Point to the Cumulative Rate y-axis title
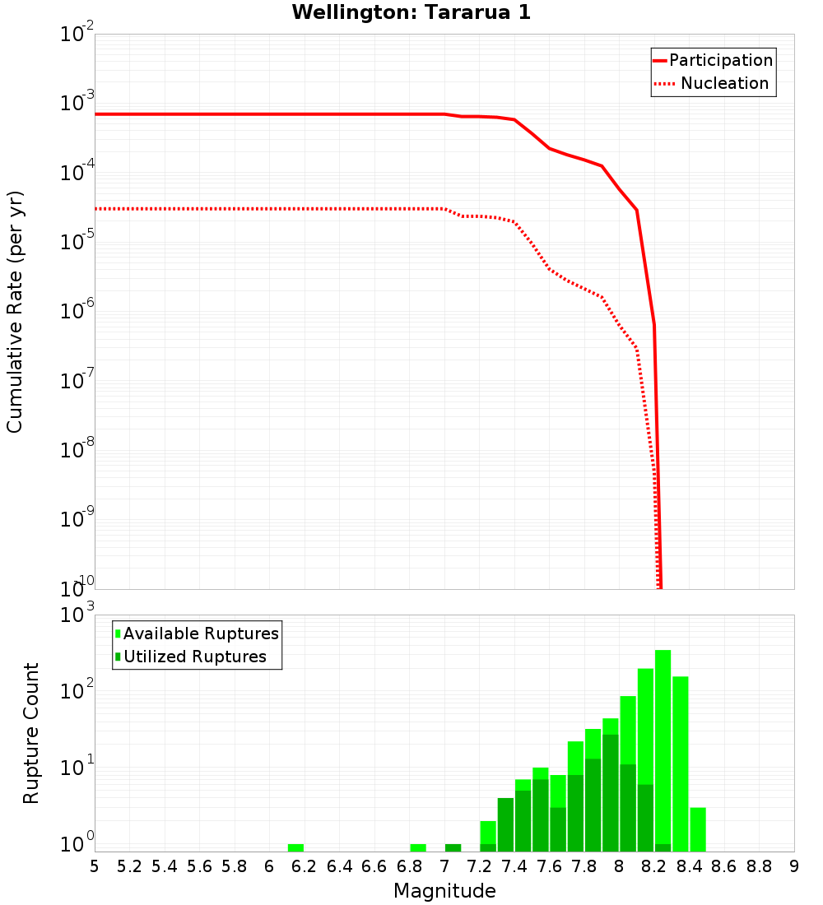(x=15, y=312)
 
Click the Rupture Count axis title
(x=31, y=733)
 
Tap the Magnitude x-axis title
(x=444, y=890)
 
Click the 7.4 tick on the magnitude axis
(x=514, y=866)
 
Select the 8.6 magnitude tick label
(x=724, y=866)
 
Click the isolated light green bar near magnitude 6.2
(x=296, y=847)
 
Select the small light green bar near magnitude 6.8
(x=418, y=847)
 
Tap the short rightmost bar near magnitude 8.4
(x=698, y=829)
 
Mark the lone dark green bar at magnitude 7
(x=453, y=847)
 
